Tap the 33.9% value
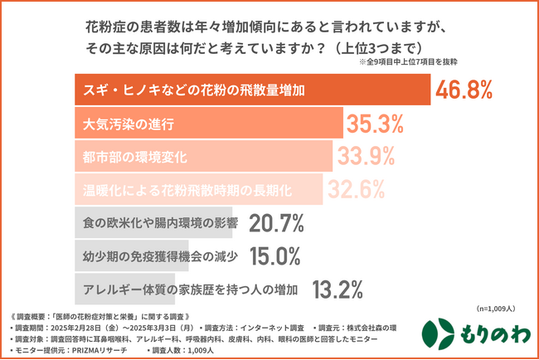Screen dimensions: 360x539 pos(366,156)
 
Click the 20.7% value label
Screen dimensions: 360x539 pos(276,223)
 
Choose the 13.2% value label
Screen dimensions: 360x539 pos(338,289)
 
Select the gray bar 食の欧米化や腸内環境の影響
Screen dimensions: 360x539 pos(157,223)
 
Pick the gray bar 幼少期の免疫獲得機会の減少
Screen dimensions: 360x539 pos(149,255)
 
